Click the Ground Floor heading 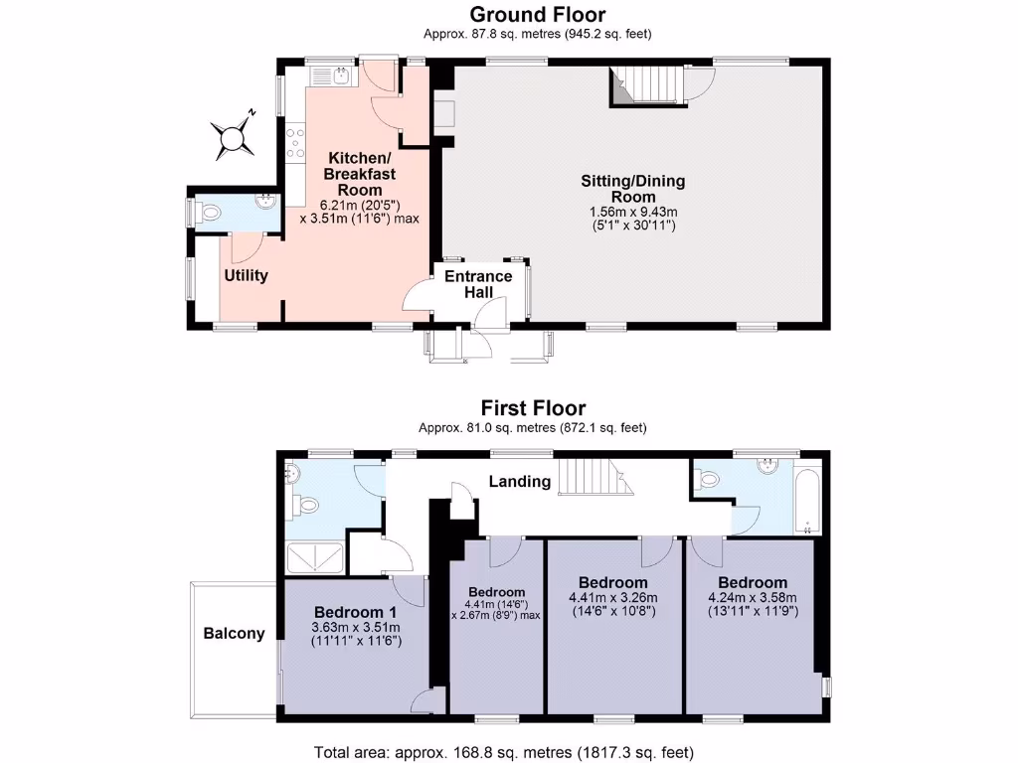click(x=537, y=14)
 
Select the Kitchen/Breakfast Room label click(x=360, y=174)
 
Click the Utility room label click(x=246, y=275)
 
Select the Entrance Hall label click(x=478, y=283)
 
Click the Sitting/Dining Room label click(x=633, y=189)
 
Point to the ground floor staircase click(x=646, y=84)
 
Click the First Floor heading click(x=533, y=407)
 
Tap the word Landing click(x=519, y=482)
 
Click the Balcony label click(x=235, y=633)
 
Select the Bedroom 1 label click(x=355, y=611)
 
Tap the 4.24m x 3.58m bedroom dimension click(x=753, y=597)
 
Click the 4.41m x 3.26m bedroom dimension click(x=612, y=597)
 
